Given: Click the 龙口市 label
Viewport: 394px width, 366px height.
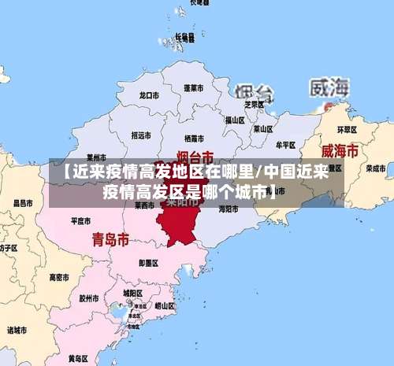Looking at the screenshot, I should click(x=149, y=94).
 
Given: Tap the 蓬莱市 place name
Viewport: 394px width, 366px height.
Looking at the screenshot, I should click(x=194, y=87).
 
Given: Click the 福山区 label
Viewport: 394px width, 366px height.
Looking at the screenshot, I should click(x=235, y=120).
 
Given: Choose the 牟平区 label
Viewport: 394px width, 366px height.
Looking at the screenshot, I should click(x=286, y=145).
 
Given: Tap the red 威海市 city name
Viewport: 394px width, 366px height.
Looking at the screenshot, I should click(x=340, y=150).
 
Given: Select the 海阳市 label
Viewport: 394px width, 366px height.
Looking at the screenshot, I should click(x=229, y=209).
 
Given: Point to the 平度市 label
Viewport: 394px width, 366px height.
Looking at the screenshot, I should click(x=81, y=221).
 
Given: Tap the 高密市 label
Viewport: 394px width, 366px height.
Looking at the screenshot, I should click(x=59, y=277).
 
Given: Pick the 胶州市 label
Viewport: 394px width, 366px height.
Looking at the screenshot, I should click(x=88, y=299).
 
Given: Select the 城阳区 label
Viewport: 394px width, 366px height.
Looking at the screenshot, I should click(x=132, y=293).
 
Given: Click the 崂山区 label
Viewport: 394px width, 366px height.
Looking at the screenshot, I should click(x=165, y=305).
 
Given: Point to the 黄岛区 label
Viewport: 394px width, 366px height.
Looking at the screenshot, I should click(x=77, y=358).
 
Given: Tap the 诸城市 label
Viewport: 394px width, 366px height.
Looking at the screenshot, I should click(x=17, y=330).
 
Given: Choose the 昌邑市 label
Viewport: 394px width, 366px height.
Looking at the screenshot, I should click(x=23, y=203).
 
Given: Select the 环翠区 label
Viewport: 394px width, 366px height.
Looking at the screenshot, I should click(x=347, y=129).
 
